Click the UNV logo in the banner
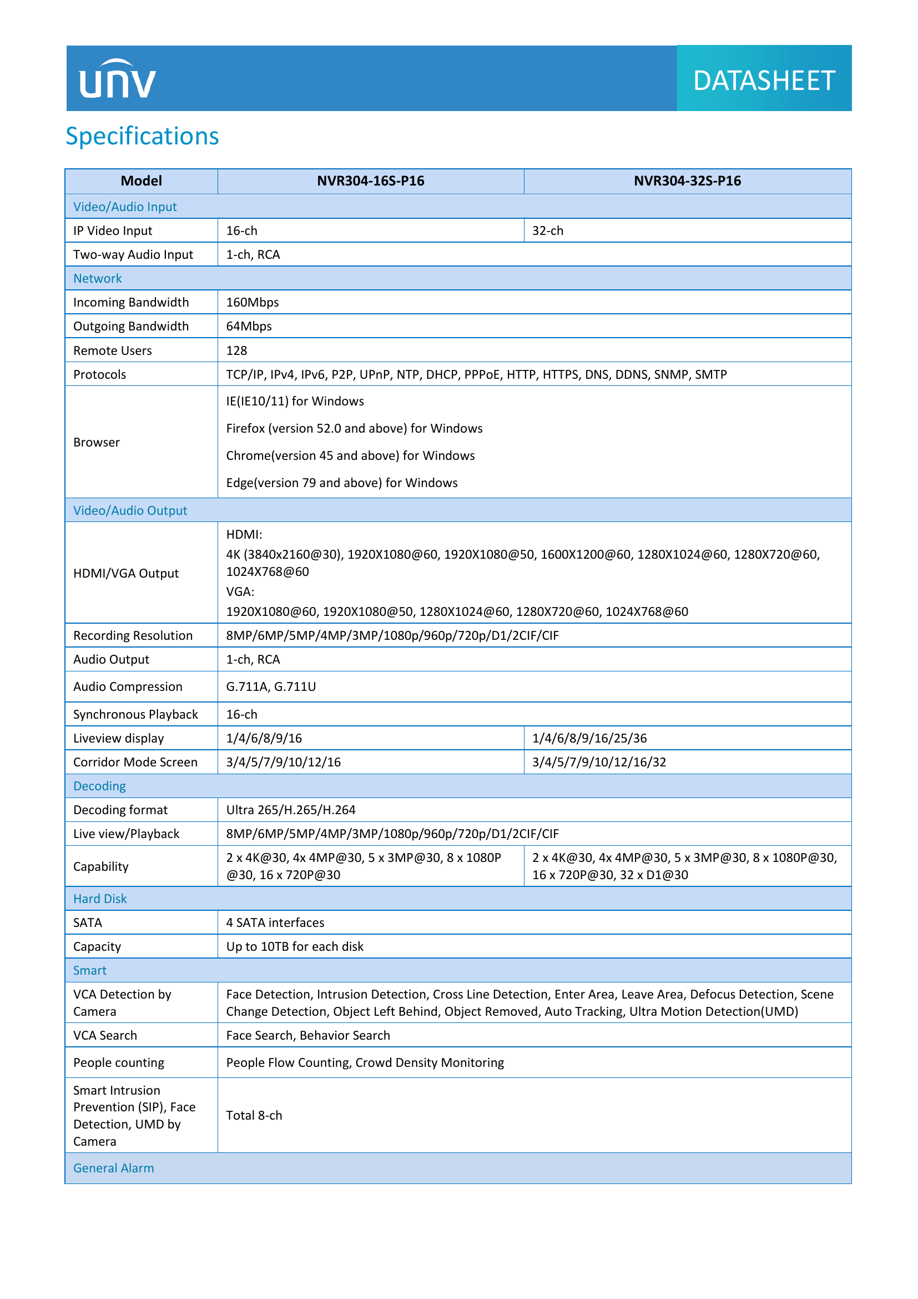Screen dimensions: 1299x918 point(117,79)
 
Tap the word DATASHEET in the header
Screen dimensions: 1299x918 point(764,81)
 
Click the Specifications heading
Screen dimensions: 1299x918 point(142,137)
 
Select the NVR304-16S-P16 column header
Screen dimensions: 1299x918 point(370,181)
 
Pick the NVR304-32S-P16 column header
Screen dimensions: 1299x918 point(687,181)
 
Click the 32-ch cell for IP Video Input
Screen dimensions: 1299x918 point(548,231)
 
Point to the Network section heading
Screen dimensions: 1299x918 point(97,278)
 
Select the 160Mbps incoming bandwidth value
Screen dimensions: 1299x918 point(252,302)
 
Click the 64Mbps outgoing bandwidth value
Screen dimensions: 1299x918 point(249,327)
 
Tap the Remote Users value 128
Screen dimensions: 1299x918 point(236,351)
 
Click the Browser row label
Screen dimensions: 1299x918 point(97,443)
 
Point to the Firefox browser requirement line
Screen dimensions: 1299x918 point(354,428)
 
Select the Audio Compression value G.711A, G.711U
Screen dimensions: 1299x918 point(271,687)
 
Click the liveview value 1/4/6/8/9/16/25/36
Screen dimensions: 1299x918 point(589,738)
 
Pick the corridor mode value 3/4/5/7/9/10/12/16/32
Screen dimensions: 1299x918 point(599,762)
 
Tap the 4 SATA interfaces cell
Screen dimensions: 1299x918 point(275,923)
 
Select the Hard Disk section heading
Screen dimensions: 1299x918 point(100,899)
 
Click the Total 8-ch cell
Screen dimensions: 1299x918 point(254,1116)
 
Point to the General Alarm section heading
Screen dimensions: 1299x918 point(114,1168)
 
